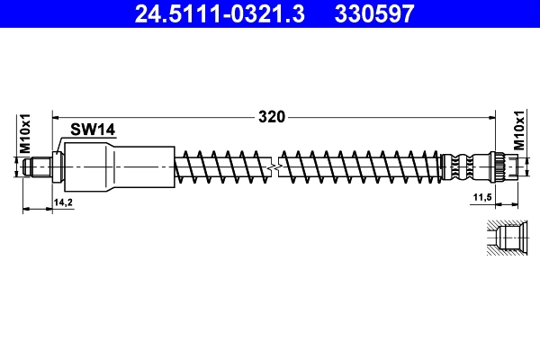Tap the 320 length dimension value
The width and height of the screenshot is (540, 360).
(272, 116)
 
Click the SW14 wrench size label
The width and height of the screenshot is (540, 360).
(94, 130)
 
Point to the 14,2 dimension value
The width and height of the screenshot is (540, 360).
(63, 203)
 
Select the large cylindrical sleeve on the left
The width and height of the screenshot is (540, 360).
(117, 167)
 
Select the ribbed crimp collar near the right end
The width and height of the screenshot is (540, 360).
(462, 166)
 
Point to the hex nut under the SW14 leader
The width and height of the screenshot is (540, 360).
(58, 166)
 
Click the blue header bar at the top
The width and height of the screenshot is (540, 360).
(270, 13)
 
